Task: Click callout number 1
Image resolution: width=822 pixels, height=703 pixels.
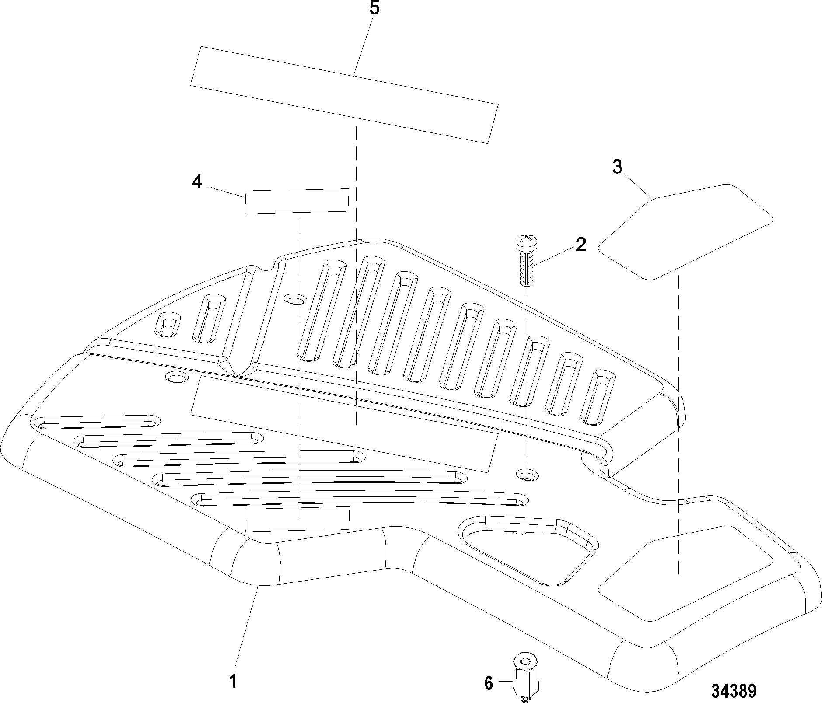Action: [x=233, y=681]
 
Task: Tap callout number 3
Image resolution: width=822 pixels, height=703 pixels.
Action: [x=617, y=167]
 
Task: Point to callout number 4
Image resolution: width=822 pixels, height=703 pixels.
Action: [x=197, y=182]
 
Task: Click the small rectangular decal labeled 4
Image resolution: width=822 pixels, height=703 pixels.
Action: [x=297, y=201]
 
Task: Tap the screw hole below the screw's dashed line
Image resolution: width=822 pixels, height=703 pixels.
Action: [x=527, y=474]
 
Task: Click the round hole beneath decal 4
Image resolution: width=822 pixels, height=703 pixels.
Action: [x=295, y=299]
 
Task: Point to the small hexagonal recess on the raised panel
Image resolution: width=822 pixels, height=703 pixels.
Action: [x=167, y=324]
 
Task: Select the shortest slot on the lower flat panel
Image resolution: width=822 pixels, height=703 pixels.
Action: [x=96, y=421]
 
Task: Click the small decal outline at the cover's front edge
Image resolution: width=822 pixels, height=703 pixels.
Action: [x=298, y=519]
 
